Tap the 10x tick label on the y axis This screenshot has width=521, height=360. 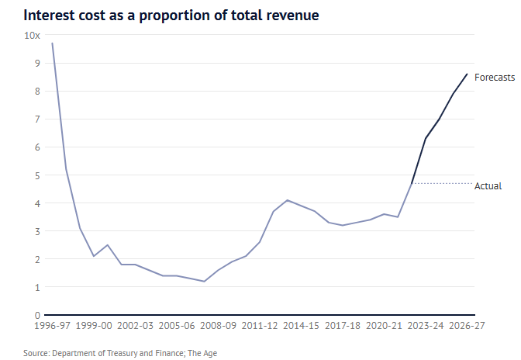coord(33,36)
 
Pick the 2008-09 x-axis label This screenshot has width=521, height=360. coord(219,327)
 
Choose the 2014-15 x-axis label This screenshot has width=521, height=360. coord(302,327)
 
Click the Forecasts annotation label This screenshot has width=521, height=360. coord(494,77)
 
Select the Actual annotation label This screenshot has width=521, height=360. coord(488,186)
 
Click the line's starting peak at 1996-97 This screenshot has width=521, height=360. coord(52,43)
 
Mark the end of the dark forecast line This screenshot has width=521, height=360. coord(467,74)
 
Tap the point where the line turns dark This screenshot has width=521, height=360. coord(412,183)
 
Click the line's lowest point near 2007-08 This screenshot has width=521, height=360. coord(204,281)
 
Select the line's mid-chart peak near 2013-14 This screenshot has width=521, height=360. coord(288,200)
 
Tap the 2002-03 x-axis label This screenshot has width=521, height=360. coord(135,327)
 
